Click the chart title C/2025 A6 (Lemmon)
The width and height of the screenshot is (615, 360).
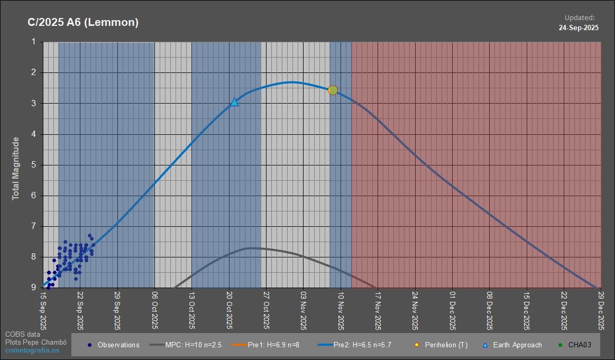click(83, 22)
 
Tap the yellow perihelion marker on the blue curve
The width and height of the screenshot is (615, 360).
click(333, 90)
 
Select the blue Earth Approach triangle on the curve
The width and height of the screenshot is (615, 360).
click(234, 102)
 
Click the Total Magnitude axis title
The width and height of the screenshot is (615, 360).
click(16, 168)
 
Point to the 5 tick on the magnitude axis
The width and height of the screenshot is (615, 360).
click(34, 165)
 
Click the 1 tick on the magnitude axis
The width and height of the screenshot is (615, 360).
click(34, 41)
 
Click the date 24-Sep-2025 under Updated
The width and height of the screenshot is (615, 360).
click(579, 28)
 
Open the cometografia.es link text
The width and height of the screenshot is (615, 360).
click(32, 350)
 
